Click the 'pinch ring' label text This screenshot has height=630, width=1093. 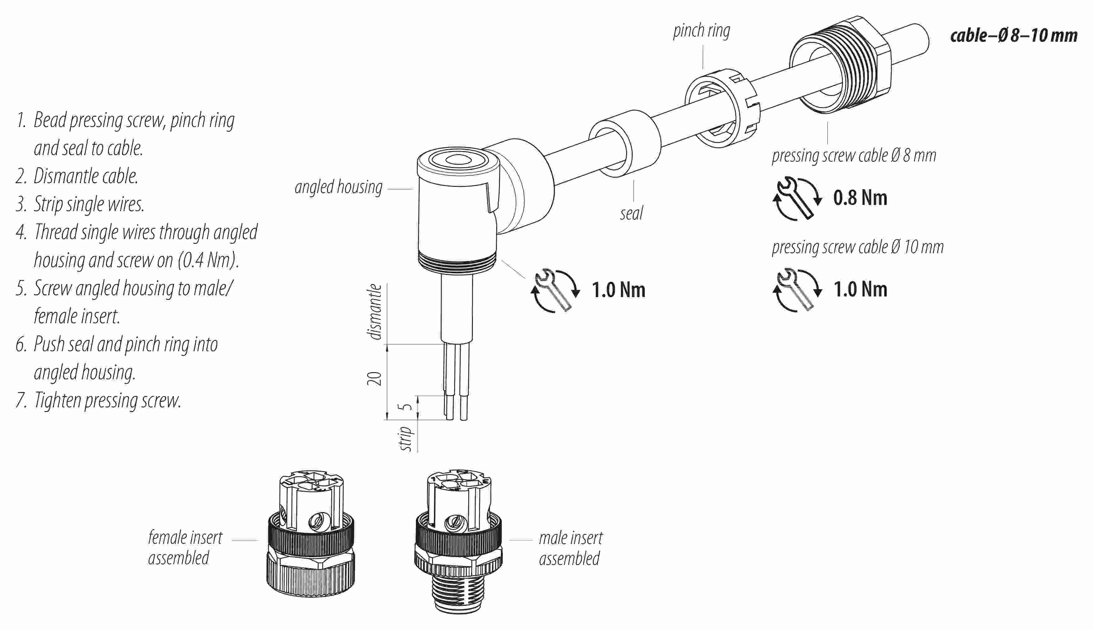point(701,31)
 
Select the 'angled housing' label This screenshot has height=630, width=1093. point(338,187)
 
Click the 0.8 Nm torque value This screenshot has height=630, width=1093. point(860,198)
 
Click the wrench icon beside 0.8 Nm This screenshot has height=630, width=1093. point(796,199)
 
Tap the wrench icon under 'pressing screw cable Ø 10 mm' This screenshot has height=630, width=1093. point(796,290)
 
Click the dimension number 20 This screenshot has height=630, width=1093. point(375,379)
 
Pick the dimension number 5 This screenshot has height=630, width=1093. point(407,407)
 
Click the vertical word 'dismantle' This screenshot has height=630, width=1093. point(375,311)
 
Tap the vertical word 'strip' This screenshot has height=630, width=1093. point(406,439)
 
